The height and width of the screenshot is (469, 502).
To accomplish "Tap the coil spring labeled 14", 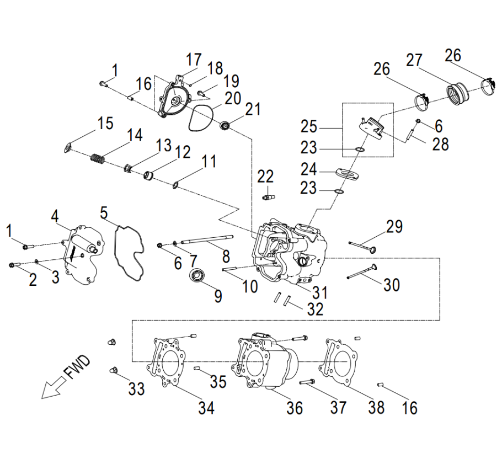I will [98, 160].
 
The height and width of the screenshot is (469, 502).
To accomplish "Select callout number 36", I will [295, 408].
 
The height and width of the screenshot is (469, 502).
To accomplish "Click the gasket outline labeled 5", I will [127, 252].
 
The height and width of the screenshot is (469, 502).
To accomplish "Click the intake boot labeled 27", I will [457, 92].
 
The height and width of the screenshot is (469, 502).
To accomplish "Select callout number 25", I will [309, 127].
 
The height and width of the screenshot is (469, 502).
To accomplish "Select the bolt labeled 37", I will [307, 381].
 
